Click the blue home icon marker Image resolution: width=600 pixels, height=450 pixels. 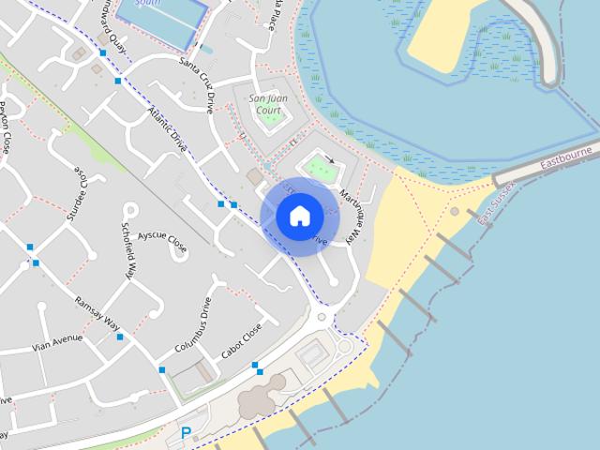[x=300, y=216]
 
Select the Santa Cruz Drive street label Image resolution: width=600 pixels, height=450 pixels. [x=196, y=80]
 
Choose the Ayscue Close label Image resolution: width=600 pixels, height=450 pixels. [x=161, y=243]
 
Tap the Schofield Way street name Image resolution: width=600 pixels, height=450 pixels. [x=129, y=252]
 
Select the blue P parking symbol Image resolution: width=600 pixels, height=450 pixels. [x=186, y=433]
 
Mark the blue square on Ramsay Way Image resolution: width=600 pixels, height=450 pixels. [x=120, y=337]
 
